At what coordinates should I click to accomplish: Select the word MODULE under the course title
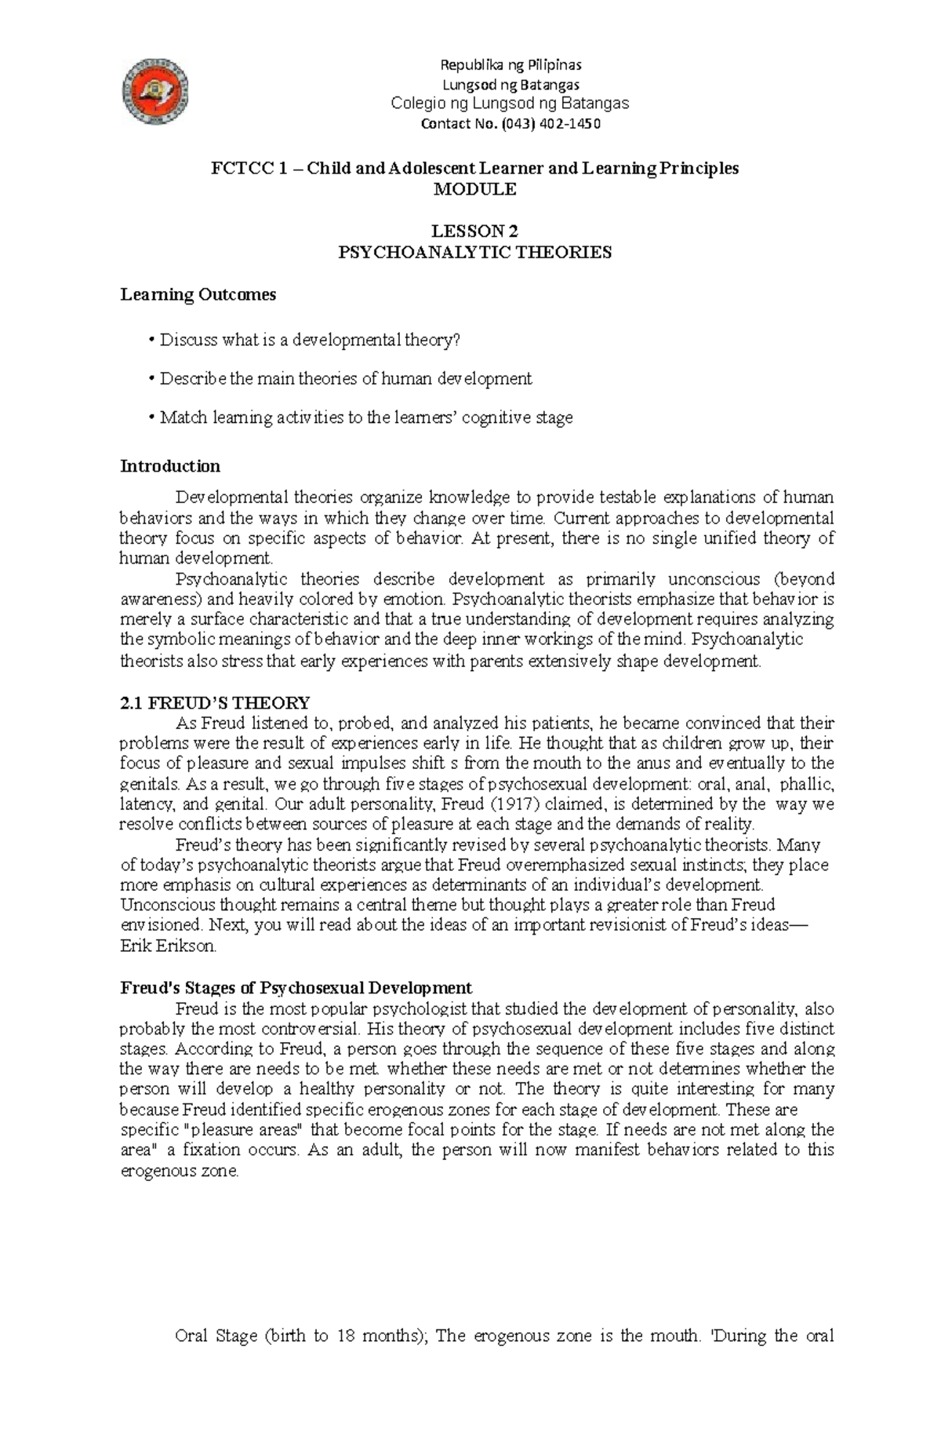[x=476, y=189]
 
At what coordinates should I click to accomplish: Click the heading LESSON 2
[x=476, y=231]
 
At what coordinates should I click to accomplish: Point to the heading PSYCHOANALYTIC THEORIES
[x=476, y=253]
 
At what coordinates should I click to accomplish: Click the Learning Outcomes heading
[x=198, y=295]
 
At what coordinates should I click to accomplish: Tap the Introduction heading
[x=169, y=466]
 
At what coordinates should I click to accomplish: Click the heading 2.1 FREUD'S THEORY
[x=214, y=702]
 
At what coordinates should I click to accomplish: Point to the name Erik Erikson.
[x=167, y=946]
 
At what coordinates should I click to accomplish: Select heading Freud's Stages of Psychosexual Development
[x=296, y=987]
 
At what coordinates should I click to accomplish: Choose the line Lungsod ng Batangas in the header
[x=511, y=84]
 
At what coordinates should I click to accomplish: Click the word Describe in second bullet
[x=193, y=379]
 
